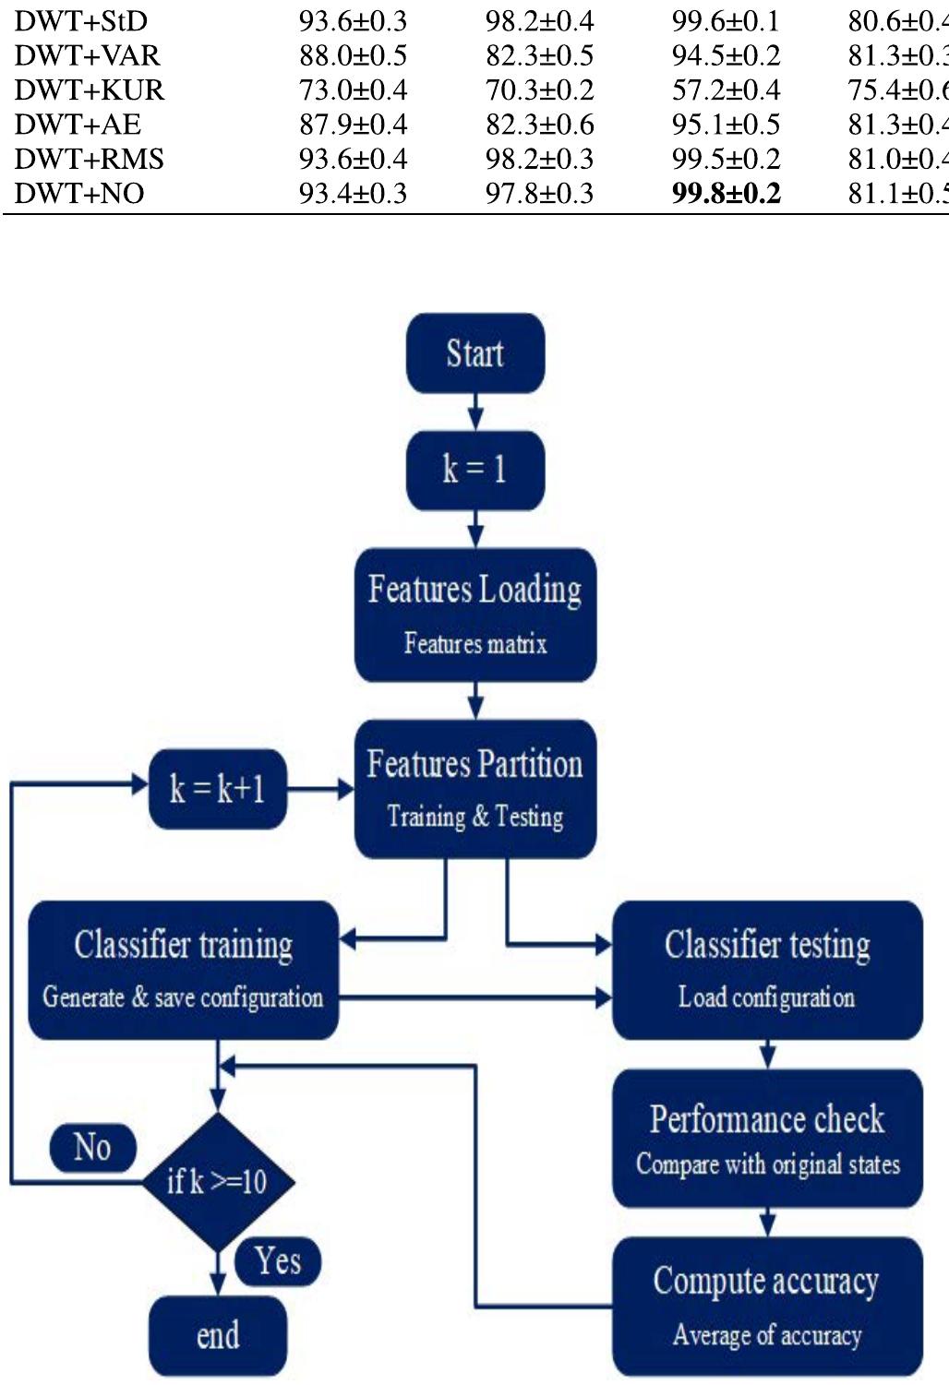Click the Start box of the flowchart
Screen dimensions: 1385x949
474,353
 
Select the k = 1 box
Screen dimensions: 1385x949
474,470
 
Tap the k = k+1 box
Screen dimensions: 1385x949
218,789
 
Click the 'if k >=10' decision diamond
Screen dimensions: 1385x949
218,1182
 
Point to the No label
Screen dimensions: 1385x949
92,1148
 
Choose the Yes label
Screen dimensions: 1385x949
278,1260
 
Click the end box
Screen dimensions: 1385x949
218,1335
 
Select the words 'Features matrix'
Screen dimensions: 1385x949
474,644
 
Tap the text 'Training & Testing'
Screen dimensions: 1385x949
474,817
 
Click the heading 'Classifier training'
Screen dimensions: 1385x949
184,945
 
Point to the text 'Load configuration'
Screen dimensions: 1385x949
766,997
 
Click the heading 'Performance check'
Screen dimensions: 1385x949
766,1119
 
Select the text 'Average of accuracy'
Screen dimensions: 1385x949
766,1335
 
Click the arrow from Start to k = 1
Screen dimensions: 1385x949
474,412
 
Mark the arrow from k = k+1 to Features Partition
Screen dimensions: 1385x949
320,789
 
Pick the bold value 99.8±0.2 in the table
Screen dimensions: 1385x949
726,194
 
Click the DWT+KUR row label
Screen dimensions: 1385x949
89,90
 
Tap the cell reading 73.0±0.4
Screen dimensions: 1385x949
353,90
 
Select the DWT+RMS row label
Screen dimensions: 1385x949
89,159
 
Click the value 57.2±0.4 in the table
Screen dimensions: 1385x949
726,90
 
